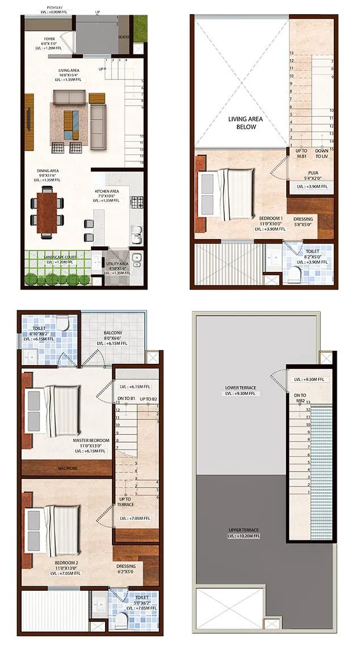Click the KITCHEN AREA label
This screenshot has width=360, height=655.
tap(107, 192)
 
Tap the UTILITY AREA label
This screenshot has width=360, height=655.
tap(117, 264)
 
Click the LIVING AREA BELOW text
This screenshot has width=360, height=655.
tap(242, 123)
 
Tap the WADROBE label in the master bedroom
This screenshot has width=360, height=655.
tap(67, 468)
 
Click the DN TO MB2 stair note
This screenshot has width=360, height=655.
tap(299, 398)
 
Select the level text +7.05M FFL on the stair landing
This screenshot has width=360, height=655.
tap(135, 518)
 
